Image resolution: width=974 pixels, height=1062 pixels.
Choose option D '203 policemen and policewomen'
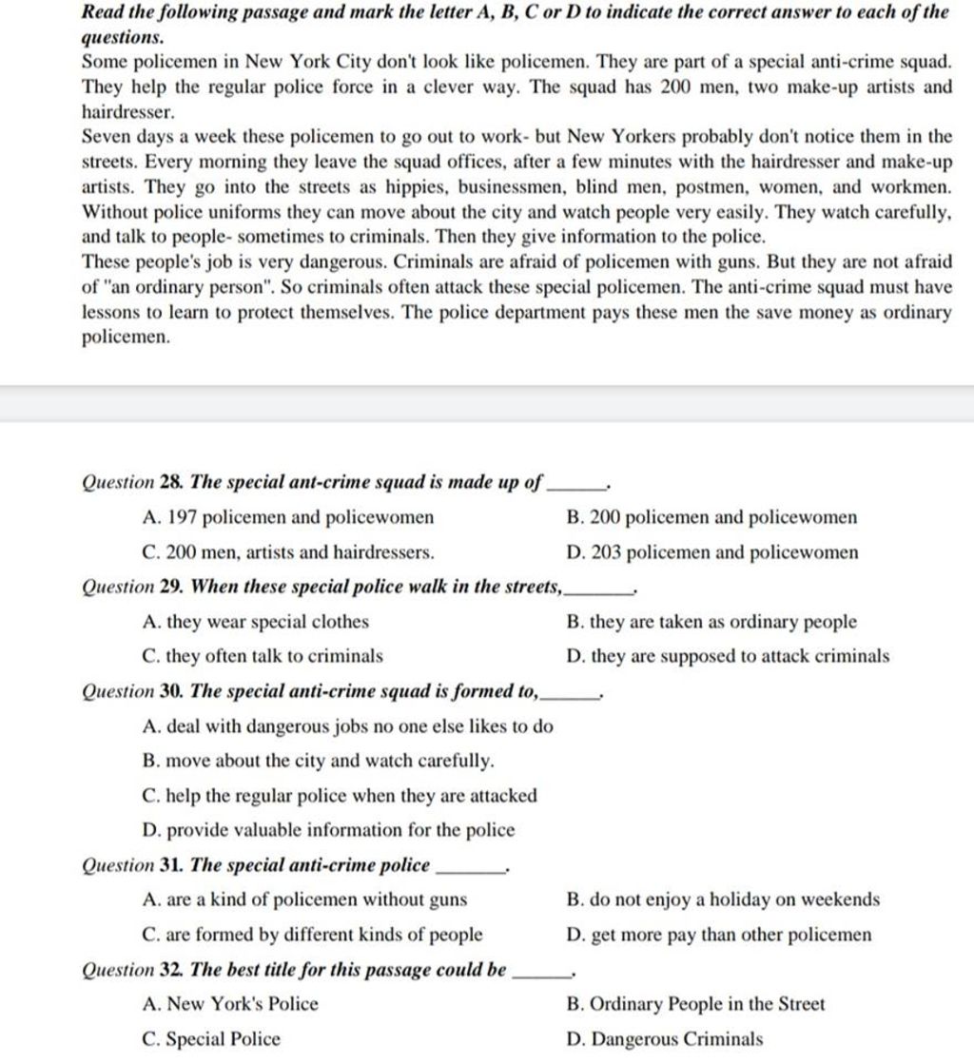[x=711, y=552]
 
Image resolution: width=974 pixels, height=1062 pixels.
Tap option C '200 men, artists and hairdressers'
[x=287, y=552]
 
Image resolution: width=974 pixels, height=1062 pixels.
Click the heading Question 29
[x=324, y=588]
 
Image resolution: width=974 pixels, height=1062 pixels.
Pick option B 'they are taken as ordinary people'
[x=711, y=623]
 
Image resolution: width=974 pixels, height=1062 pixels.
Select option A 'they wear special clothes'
[x=254, y=623]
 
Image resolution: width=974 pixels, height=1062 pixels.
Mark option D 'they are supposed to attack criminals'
[x=728, y=656]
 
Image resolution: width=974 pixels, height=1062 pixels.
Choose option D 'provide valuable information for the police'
[x=327, y=830]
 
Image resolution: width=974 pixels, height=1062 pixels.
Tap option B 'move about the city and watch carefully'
[x=317, y=762]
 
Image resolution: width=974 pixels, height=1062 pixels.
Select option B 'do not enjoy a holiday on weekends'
[x=722, y=899]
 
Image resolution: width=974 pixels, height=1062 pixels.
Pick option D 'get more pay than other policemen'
[x=718, y=935]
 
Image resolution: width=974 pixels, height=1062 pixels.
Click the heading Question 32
[x=295, y=970]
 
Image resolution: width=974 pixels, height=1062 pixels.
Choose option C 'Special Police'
[x=210, y=1039]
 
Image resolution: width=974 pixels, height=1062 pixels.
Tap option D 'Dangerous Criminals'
[x=664, y=1039]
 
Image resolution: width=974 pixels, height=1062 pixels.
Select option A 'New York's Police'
[x=229, y=1004]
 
